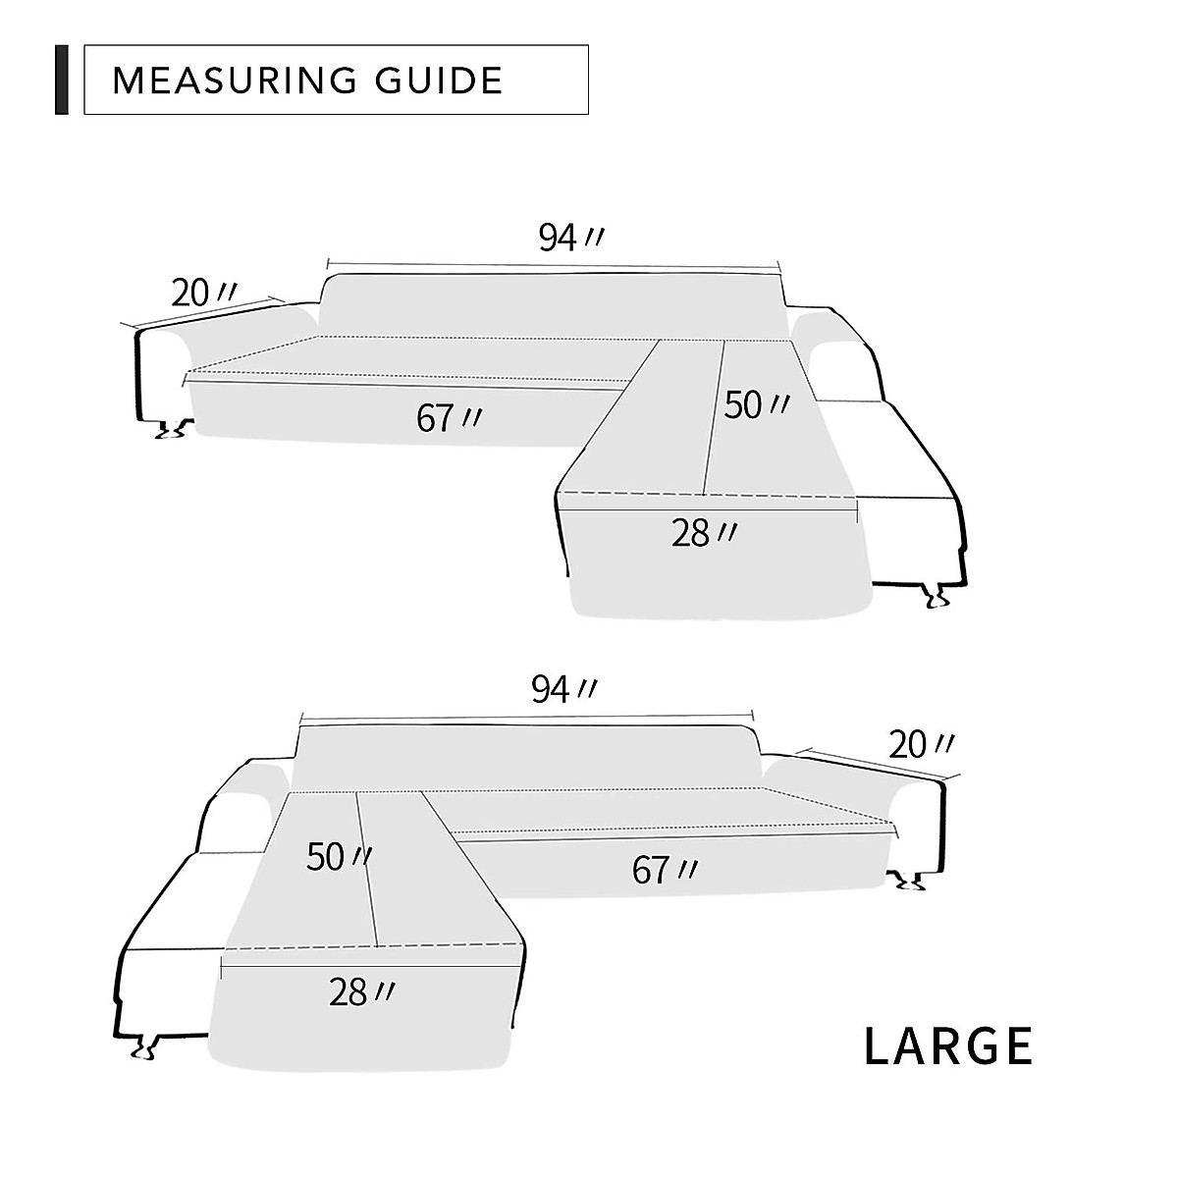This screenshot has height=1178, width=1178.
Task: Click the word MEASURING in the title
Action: point(235,80)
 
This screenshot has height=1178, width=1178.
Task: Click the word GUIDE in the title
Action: point(438,80)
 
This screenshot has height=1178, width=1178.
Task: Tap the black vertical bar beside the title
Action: point(62,80)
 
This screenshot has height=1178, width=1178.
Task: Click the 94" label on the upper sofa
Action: point(571,238)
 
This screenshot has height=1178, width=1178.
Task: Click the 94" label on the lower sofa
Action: point(563,689)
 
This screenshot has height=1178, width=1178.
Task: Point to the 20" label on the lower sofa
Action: point(921,745)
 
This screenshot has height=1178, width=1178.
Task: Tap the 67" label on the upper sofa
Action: point(449,419)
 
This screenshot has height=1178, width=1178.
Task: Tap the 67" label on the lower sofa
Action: point(665,870)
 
